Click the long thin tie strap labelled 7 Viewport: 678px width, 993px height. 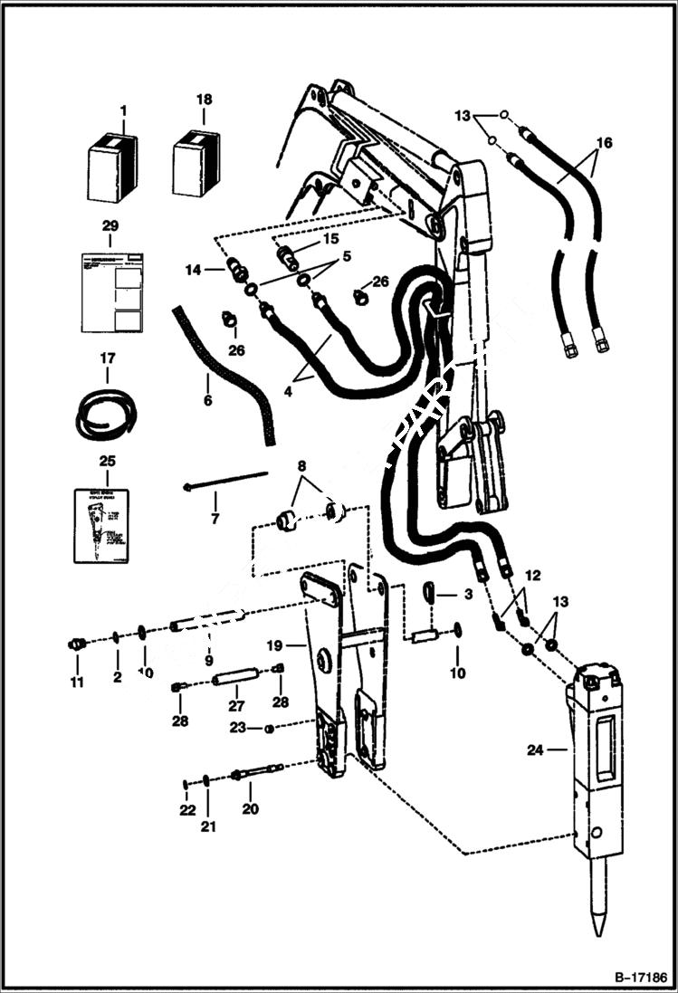(x=226, y=479)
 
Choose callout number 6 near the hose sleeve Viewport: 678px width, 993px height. (x=207, y=399)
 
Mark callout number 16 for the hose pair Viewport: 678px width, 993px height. (x=604, y=142)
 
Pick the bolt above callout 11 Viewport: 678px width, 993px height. (x=77, y=644)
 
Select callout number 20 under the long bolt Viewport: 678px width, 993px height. (x=249, y=809)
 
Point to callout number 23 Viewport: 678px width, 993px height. (x=237, y=728)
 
